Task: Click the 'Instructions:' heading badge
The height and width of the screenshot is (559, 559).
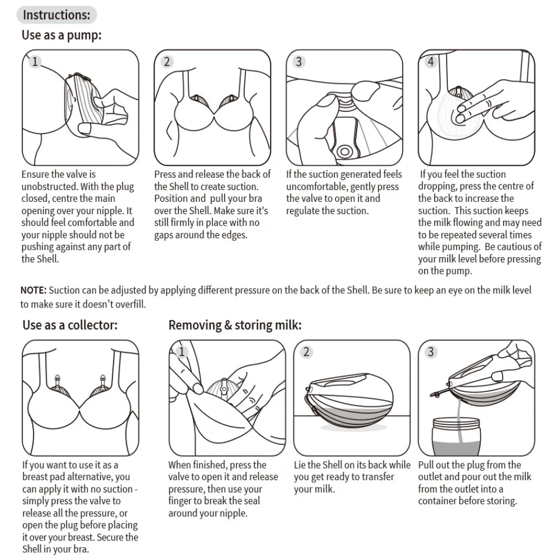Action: (56, 15)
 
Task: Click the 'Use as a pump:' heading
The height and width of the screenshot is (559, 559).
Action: (61, 35)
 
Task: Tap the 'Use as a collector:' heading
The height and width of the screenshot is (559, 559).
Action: (70, 325)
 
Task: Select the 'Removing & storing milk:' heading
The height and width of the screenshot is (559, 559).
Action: (235, 325)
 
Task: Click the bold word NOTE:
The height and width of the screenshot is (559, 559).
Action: (34, 290)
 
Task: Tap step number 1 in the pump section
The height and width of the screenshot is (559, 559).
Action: (35, 61)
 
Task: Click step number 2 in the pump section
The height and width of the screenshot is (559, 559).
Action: (167, 61)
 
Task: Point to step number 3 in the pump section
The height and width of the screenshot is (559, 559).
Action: (299, 61)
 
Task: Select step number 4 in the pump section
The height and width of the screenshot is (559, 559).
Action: (430, 61)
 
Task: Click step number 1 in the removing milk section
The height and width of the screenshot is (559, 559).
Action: (182, 352)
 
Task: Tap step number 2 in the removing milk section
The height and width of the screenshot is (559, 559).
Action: (306, 352)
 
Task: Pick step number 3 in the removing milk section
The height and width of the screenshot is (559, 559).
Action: (430, 352)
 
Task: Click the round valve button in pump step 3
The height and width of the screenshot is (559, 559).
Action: (345, 151)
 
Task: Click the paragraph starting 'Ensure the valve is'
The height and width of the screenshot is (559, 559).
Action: (78, 216)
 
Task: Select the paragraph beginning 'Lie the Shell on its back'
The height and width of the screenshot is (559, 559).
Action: (352, 477)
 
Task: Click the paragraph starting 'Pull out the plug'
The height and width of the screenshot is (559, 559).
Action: (475, 483)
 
